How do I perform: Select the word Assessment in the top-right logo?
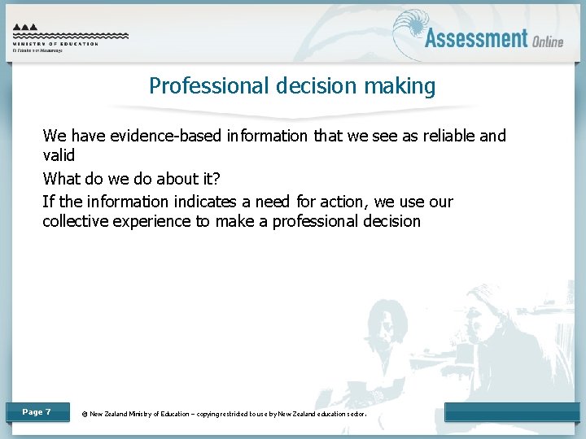pyautogui.click(x=476, y=38)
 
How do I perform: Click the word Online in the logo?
pyautogui.click(x=549, y=41)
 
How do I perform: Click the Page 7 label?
pyautogui.click(x=37, y=412)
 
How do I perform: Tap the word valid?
pyautogui.click(x=59, y=155)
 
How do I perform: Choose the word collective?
pyautogui.click(x=77, y=221)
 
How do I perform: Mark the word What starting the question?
pyautogui.click(x=61, y=179)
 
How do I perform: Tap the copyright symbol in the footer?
pyautogui.click(x=85, y=414)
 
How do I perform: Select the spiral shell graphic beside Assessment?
pyautogui.click(x=409, y=32)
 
